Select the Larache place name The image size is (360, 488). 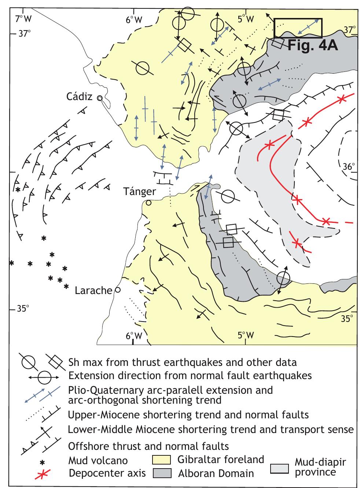coord(93,291)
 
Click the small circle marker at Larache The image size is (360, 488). coord(118,290)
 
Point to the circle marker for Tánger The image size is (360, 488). coord(148,203)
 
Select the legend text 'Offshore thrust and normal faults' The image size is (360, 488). coord(148,446)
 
